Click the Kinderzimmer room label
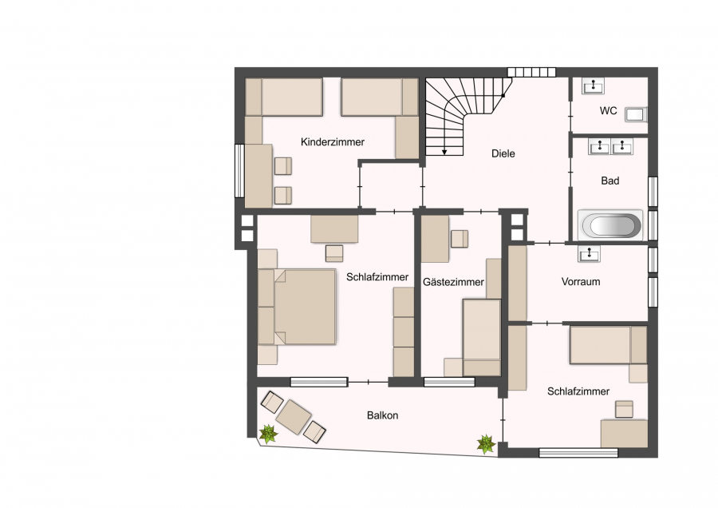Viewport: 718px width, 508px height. tap(333, 142)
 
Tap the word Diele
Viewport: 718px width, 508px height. tap(503, 153)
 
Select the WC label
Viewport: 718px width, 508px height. tap(608, 111)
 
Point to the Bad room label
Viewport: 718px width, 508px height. tap(610, 181)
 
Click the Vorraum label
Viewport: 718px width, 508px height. tap(581, 281)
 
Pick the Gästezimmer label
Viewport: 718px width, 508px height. tap(453, 282)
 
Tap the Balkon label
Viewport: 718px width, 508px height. tap(382, 415)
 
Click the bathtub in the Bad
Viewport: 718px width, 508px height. tap(610, 225)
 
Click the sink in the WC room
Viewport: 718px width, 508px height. tap(593, 85)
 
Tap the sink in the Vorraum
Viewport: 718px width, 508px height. tap(589, 253)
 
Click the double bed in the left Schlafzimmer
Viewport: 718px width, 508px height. tap(297, 307)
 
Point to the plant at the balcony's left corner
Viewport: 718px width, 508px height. tap(268, 433)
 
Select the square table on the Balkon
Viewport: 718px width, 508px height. tap(294, 417)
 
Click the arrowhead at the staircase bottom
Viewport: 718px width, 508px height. tap(444, 153)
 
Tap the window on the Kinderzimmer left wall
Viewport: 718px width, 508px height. tap(239, 171)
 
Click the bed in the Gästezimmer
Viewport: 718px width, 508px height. tap(482, 337)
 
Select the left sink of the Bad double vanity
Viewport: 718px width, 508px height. tap(599, 147)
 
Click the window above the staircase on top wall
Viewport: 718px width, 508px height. tap(531, 72)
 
